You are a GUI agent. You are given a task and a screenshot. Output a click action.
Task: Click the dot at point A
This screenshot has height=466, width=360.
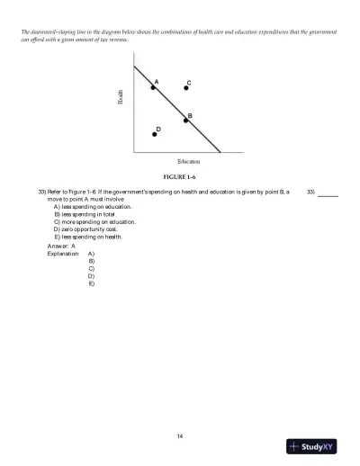(153, 88)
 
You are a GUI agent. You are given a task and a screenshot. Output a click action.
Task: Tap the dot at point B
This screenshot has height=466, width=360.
(185, 121)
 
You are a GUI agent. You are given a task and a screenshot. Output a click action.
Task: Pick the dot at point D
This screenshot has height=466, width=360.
(154, 134)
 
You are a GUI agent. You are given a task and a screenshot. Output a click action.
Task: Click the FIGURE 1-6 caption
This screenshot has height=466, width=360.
(179, 179)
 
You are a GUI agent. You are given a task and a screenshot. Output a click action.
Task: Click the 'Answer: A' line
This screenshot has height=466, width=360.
(61, 246)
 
